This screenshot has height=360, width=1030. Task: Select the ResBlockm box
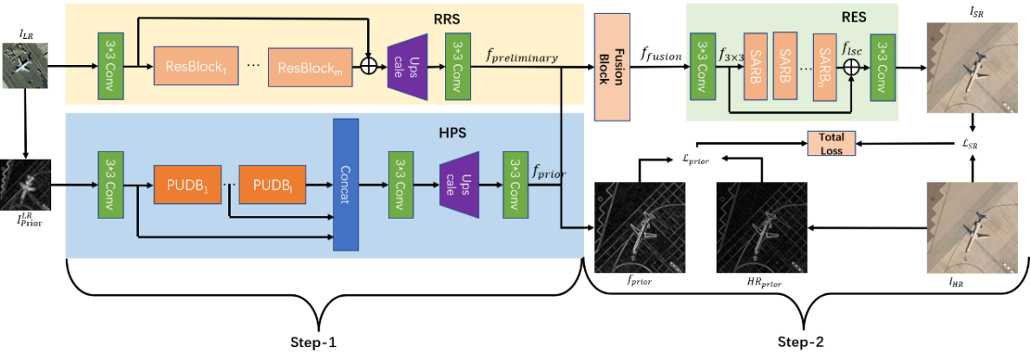(x=305, y=67)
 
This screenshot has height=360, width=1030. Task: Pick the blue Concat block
(x=346, y=185)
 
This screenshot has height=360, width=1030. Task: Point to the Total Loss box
(x=830, y=143)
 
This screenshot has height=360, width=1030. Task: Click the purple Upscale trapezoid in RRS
(x=407, y=65)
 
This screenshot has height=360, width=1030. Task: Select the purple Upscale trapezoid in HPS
(x=460, y=186)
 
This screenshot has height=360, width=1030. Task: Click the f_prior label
(x=548, y=173)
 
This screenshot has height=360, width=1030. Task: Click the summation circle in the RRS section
(x=370, y=66)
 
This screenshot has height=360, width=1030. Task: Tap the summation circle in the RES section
(x=852, y=66)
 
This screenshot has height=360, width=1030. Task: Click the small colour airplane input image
(x=24, y=66)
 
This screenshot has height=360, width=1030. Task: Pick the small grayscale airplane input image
(x=24, y=184)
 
